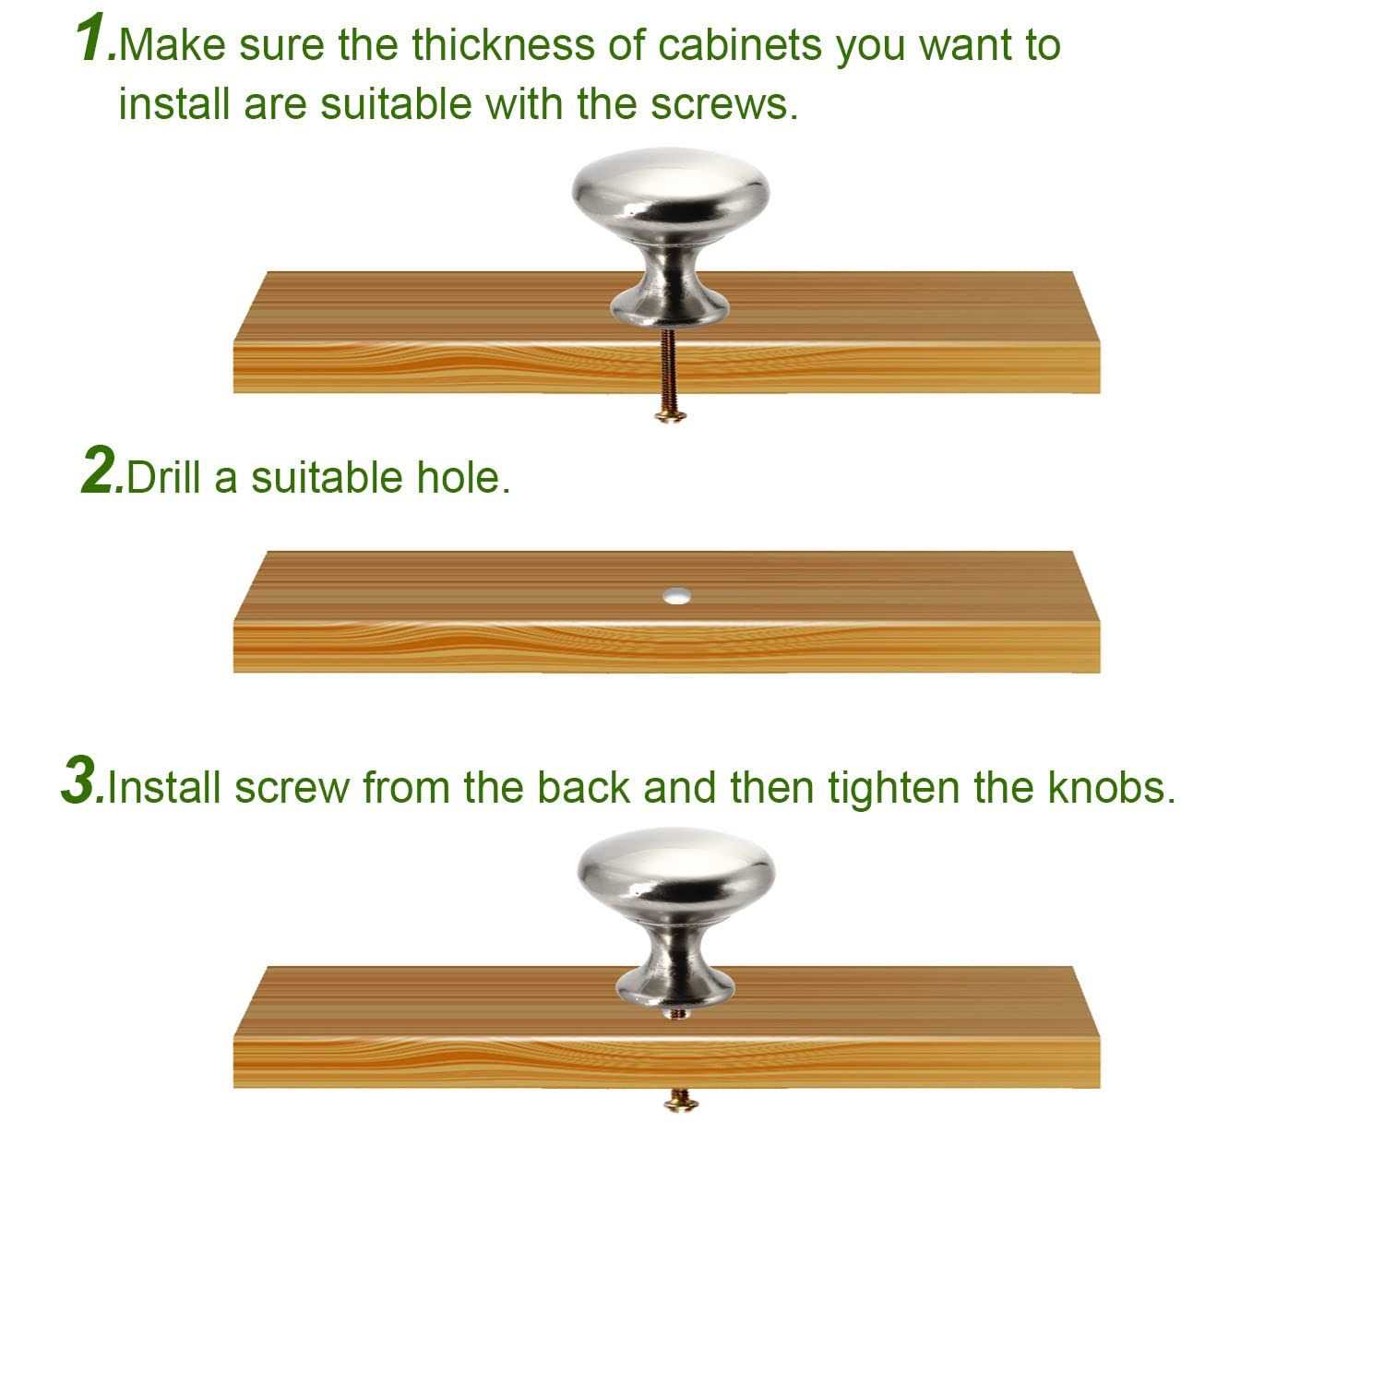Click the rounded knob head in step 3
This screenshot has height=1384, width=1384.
(676, 869)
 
